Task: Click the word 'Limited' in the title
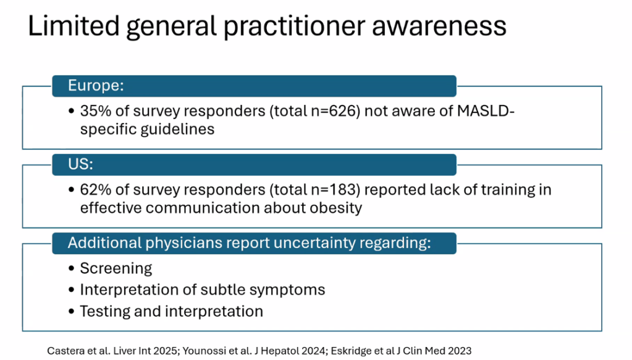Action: tap(74, 26)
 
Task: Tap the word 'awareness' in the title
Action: tap(439, 27)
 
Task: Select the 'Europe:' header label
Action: tap(96, 85)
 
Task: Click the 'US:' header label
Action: tap(80, 164)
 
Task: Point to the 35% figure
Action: tap(96, 111)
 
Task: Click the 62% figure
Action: tap(96, 189)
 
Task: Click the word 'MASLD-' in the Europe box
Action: tap(486, 111)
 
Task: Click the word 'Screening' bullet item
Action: tap(116, 268)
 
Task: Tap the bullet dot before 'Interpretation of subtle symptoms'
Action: tap(71, 290)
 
